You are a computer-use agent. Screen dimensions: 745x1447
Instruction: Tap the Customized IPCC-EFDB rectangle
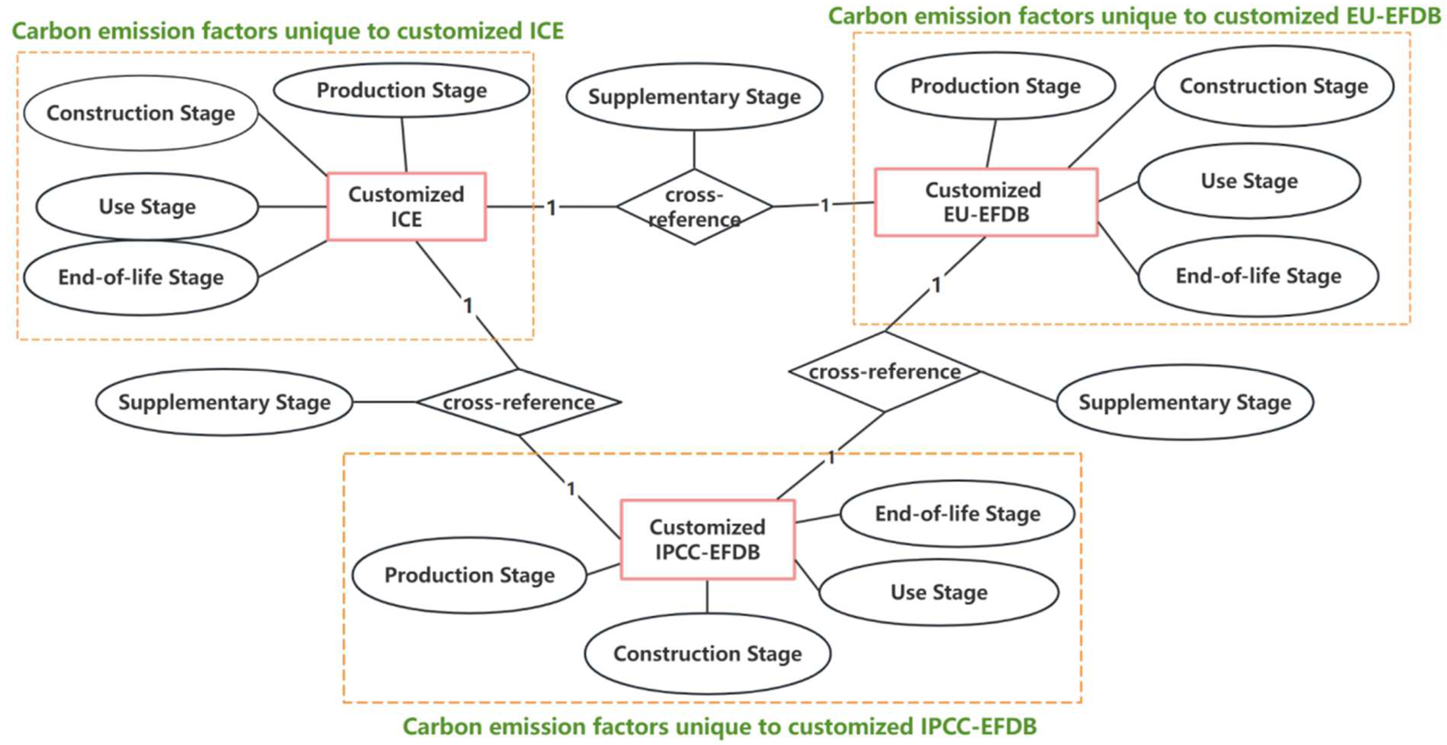[707, 539]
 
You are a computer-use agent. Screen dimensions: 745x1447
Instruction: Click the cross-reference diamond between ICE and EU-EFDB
[694, 207]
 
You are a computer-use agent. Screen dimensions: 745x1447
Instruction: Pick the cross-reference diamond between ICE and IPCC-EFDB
[518, 402]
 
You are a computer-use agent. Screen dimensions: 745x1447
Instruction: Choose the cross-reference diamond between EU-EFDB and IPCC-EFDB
[885, 372]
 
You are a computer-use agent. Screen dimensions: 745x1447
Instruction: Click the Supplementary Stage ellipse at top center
[694, 97]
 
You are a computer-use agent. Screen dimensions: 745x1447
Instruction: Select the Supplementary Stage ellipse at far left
[224, 402]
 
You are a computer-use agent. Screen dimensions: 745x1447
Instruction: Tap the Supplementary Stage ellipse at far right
[1185, 402]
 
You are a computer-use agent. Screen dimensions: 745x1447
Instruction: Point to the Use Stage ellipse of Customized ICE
[147, 206]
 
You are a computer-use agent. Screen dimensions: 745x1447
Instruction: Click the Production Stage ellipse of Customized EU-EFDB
[995, 86]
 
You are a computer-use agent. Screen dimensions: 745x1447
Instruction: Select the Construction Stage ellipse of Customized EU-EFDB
[1273, 86]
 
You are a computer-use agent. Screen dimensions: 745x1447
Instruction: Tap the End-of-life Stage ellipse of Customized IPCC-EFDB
[957, 513]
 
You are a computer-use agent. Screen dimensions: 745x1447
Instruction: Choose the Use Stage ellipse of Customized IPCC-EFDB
[938, 592]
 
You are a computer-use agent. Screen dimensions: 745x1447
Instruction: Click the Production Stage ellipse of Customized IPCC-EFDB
[469, 575]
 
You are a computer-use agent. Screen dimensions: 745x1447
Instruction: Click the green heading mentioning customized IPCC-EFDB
[719, 726]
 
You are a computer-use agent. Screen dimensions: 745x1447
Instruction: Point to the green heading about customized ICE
[288, 31]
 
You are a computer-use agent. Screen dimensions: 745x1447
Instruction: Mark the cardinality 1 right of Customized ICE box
[552, 208]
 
